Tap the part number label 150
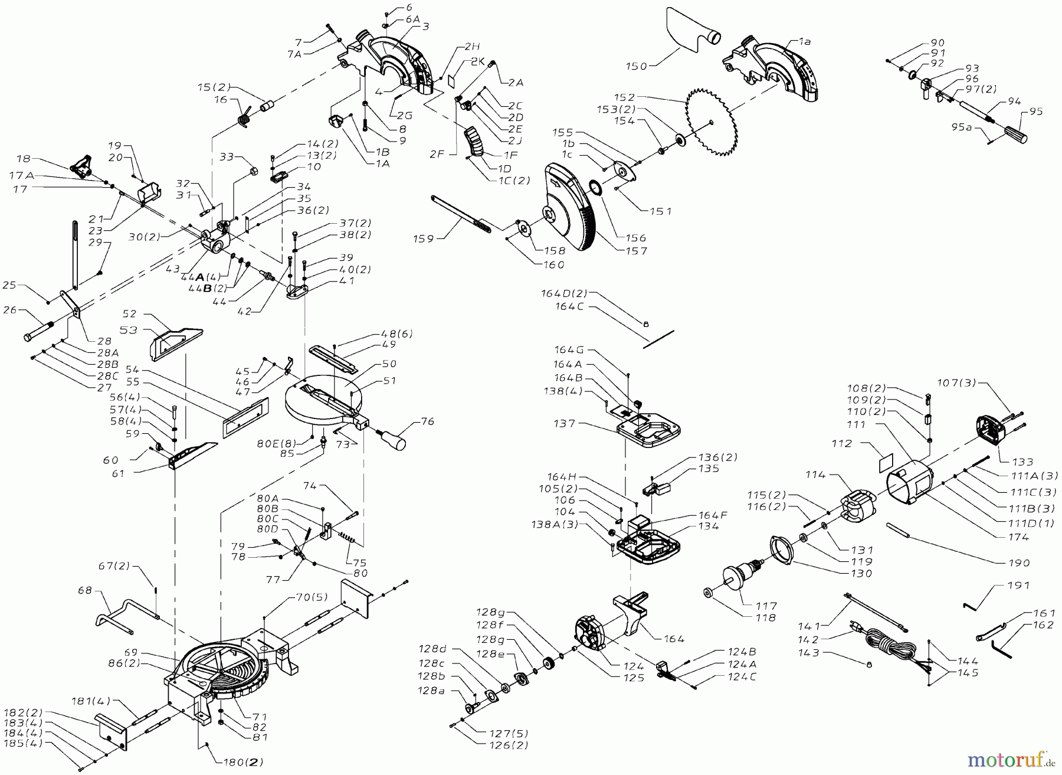point(637,67)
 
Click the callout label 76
point(427,421)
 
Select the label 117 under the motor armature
point(766,606)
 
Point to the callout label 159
point(423,238)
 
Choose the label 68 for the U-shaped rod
point(86,590)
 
